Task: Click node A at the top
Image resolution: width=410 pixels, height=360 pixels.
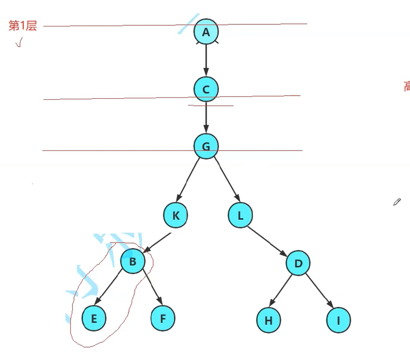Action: pyautogui.click(x=206, y=32)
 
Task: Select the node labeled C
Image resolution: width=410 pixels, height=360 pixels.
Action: pyautogui.click(x=206, y=89)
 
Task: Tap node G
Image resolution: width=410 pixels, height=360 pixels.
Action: pyautogui.click(x=206, y=146)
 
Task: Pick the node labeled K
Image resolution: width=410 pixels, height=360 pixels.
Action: pyautogui.click(x=176, y=216)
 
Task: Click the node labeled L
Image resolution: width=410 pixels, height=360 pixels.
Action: pyautogui.click(x=240, y=216)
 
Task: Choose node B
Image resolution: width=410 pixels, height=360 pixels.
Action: pyautogui.click(x=133, y=261)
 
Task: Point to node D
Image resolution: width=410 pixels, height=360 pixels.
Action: pyautogui.click(x=298, y=263)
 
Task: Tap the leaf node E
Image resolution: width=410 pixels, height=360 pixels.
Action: pyautogui.click(x=94, y=318)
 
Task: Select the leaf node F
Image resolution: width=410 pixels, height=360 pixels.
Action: pyautogui.click(x=163, y=318)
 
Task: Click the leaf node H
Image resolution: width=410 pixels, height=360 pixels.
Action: pyautogui.click(x=269, y=320)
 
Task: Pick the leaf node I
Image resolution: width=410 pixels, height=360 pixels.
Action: pyautogui.click(x=338, y=320)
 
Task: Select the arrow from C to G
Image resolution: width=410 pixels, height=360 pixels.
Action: pyautogui.click(x=206, y=118)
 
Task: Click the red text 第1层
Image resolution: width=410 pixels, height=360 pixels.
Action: pyautogui.click(x=22, y=26)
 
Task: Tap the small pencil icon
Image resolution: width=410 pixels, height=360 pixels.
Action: pyautogui.click(x=397, y=202)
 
